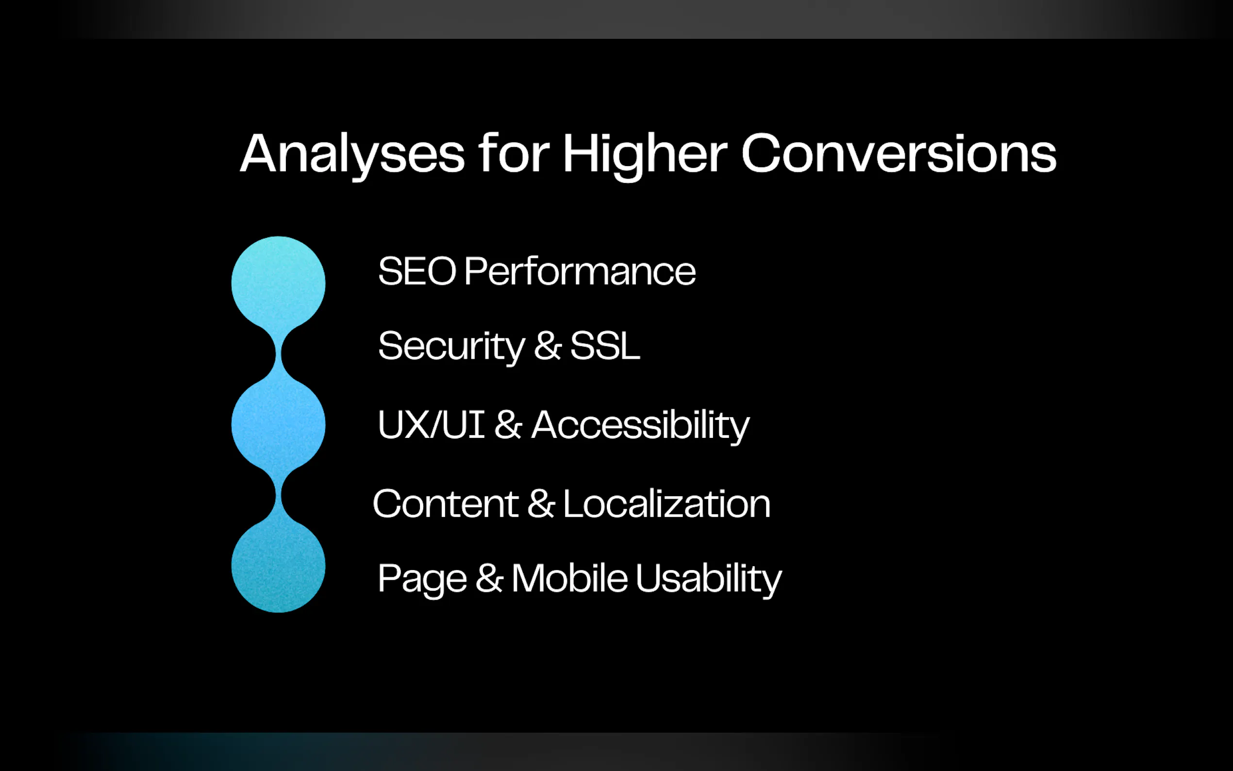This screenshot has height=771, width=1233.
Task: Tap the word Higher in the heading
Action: pos(645,154)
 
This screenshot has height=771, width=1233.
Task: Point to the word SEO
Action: pos(417,271)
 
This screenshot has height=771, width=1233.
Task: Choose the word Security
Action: pos(451,347)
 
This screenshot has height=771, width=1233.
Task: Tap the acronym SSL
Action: pos(605,346)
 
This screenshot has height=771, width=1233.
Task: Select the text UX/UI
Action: pos(431,424)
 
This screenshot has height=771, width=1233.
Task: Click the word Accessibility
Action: pos(641,426)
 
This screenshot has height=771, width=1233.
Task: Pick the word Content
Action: pos(446,504)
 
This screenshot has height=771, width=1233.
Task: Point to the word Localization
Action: pos(666,503)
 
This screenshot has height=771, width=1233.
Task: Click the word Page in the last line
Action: pos(422,580)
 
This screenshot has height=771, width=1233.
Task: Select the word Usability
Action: pos(709,579)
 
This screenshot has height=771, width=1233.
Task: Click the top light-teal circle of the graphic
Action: pos(278,283)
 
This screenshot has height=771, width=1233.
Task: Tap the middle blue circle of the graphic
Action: pos(278,424)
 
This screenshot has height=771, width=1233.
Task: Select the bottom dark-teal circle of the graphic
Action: pos(278,566)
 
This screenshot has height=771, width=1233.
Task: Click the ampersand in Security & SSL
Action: pos(548,346)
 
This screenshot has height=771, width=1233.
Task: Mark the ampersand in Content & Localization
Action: pos(541,503)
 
